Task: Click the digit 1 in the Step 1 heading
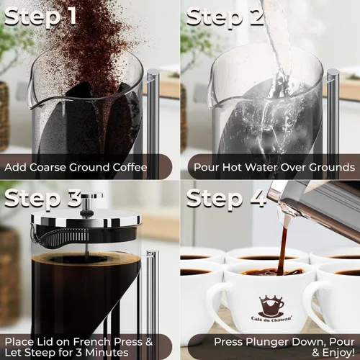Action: (71, 16)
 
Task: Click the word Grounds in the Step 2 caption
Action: (332, 167)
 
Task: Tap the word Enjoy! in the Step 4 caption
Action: (338, 353)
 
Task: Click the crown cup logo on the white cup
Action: (271, 305)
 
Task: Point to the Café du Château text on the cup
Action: (271, 319)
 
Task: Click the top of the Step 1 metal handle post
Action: (153, 72)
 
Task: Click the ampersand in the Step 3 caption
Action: (149, 341)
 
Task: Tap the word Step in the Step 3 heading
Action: (32, 199)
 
